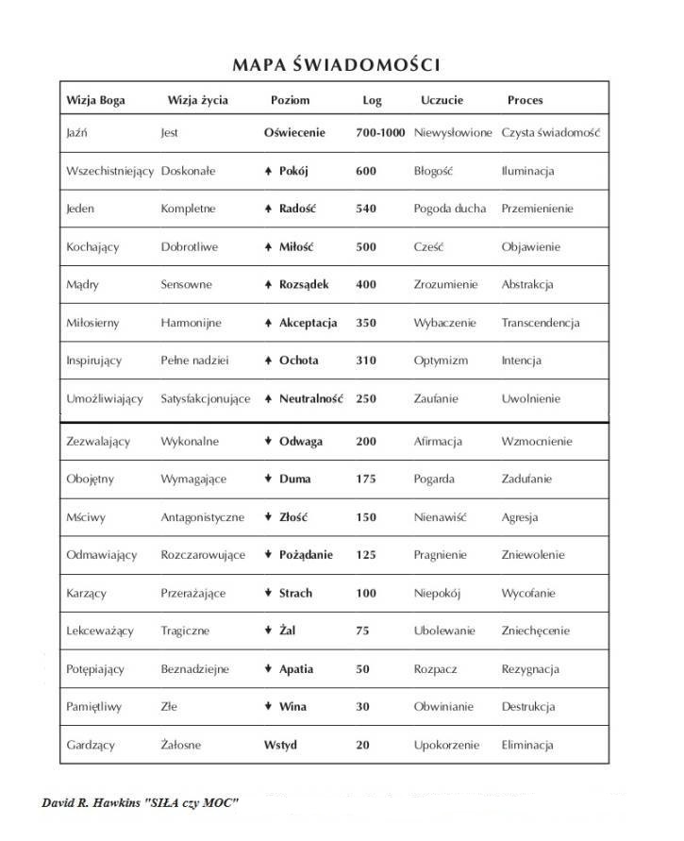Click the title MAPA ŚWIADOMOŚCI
(336, 64)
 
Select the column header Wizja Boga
(95, 99)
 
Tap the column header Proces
(525, 99)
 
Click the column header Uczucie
(442, 99)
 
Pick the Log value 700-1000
(380, 133)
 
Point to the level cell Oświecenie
(294, 133)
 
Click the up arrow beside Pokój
(269, 172)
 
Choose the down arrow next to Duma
(269, 479)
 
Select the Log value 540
(366, 209)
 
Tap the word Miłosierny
(92, 323)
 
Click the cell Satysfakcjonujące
(206, 399)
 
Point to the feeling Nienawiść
(440, 517)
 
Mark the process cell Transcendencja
(540, 323)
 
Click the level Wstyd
(280, 745)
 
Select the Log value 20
(363, 745)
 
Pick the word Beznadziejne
(194, 669)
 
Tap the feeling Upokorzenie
(446, 745)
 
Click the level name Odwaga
(301, 442)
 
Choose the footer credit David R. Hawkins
(140, 802)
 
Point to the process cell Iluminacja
(527, 172)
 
